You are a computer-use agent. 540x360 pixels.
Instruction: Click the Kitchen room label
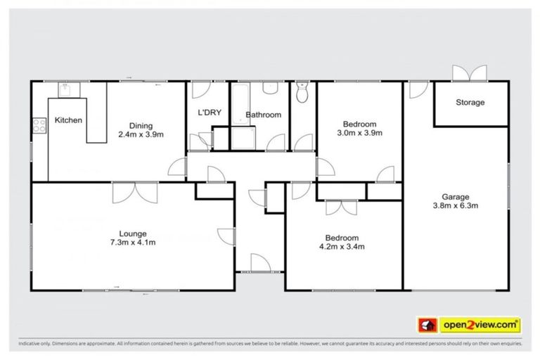68,120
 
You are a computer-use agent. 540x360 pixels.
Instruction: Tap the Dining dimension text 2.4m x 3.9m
141,134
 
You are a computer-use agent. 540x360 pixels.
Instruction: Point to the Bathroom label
263,115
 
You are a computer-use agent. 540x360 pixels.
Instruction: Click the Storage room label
470,103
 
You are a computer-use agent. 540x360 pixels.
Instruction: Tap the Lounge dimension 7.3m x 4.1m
132,243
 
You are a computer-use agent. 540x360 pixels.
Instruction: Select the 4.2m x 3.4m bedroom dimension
342,247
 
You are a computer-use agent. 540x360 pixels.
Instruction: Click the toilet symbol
303,94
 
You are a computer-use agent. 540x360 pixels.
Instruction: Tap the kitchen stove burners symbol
37,128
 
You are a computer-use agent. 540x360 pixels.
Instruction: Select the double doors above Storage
469,73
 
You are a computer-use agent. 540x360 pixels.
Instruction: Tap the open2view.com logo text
480,325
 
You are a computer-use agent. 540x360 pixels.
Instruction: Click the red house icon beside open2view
426,325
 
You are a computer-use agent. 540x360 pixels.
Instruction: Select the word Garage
455,197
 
